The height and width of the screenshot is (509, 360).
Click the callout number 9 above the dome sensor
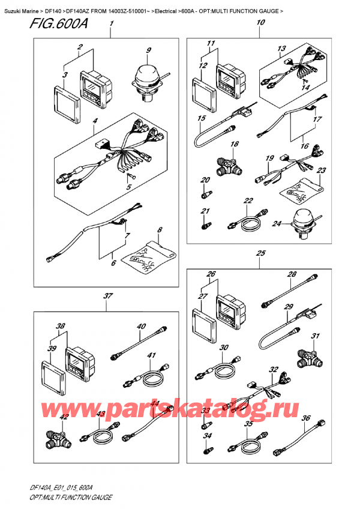coord(148,50)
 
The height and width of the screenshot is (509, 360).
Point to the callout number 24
coord(277,224)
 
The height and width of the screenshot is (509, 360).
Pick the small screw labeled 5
coord(131,176)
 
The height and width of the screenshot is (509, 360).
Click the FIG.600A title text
coord(59,23)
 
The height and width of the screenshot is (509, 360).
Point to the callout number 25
coord(260,253)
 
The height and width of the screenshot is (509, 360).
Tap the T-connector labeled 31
coord(309,358)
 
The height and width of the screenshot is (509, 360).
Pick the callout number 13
coord(281,49)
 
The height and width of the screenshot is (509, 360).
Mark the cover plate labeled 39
coord(53,373)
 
